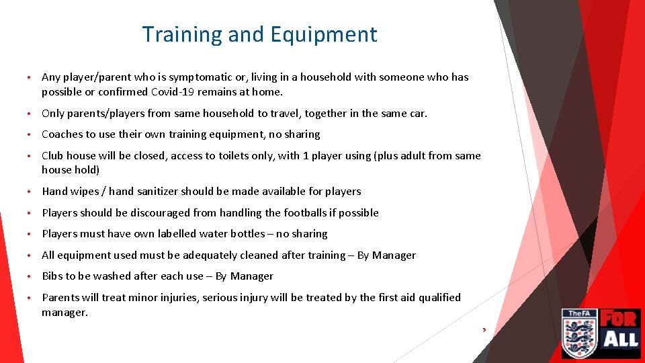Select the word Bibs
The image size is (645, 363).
(52, 276)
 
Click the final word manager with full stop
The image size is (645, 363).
(64, 313)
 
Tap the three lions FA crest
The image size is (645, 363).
(579, 334)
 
